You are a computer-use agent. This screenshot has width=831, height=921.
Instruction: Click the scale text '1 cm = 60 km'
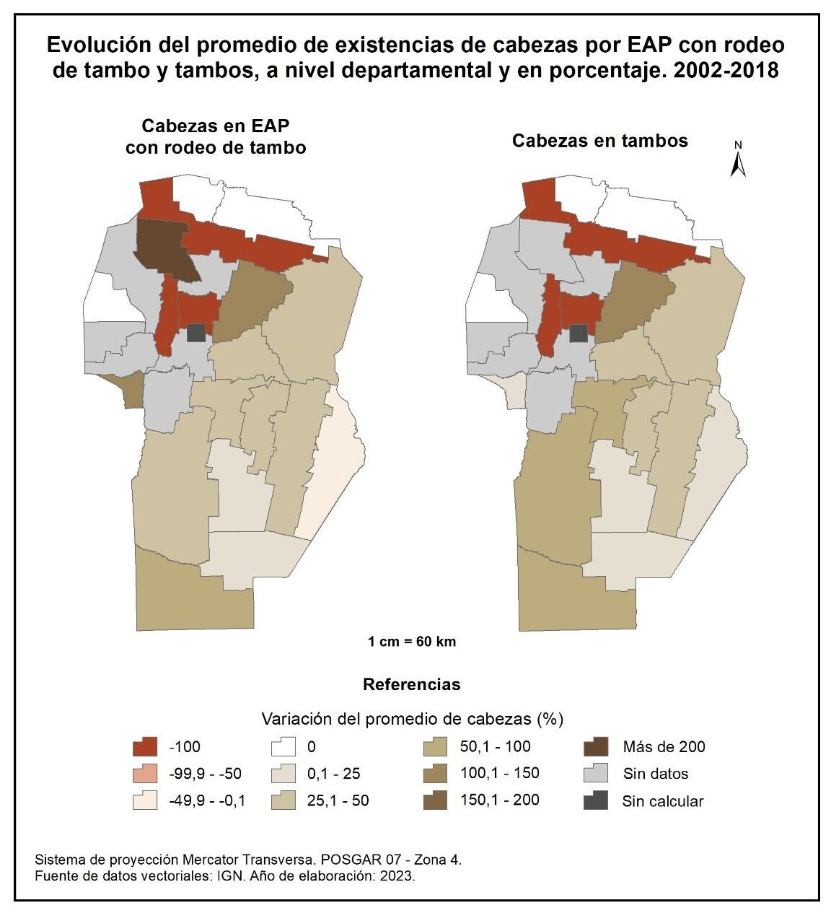[412, 641]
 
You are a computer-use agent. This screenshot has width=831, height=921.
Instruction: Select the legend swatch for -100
[144, 746]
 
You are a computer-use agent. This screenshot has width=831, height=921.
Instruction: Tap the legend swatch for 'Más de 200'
[595, 746]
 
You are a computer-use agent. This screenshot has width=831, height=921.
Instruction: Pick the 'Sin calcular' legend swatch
[595, 800]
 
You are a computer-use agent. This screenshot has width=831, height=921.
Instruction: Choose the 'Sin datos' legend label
[656, 774]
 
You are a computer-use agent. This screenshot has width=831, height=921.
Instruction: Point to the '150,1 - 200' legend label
[499, 800]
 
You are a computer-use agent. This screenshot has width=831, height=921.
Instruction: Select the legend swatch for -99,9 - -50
[144, 774]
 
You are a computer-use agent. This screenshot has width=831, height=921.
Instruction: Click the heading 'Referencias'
[412, 684]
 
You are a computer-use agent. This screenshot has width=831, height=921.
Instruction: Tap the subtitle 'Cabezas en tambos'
[599, 141]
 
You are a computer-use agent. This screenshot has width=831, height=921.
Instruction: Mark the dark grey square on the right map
[578, 333]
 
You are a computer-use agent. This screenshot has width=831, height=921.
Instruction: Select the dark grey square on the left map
[195, 333]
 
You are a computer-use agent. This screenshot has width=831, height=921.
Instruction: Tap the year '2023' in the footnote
[398, 876]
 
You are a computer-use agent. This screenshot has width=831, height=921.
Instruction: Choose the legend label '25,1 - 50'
[338, 800]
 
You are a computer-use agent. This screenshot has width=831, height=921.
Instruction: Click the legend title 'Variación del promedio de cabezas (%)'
[412, 719]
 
